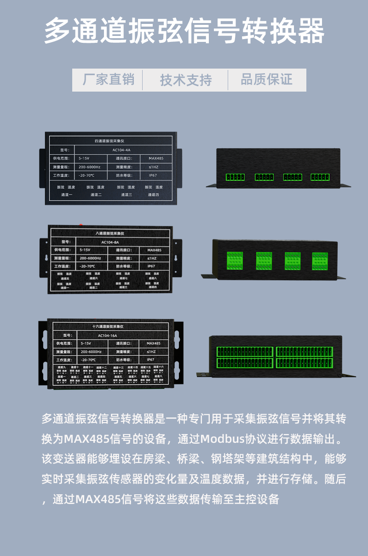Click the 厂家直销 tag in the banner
tap(109, 80)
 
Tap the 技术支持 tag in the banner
tap(186, 80)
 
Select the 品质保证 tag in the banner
tap(267, 80)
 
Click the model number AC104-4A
tap(121, 150)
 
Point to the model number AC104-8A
tap(110, 242)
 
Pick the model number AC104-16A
tap(107, 336)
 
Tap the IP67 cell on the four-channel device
tap(153, 175)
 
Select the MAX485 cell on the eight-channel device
tap(154, 250)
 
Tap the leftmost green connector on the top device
tap(235, 177)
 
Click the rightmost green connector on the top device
tap(320, 177)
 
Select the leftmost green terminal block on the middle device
tap(235, 261)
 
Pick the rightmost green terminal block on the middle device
tap(320, 261)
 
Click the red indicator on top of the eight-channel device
tap(81, 225)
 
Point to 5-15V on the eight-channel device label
tap(85, 250)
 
